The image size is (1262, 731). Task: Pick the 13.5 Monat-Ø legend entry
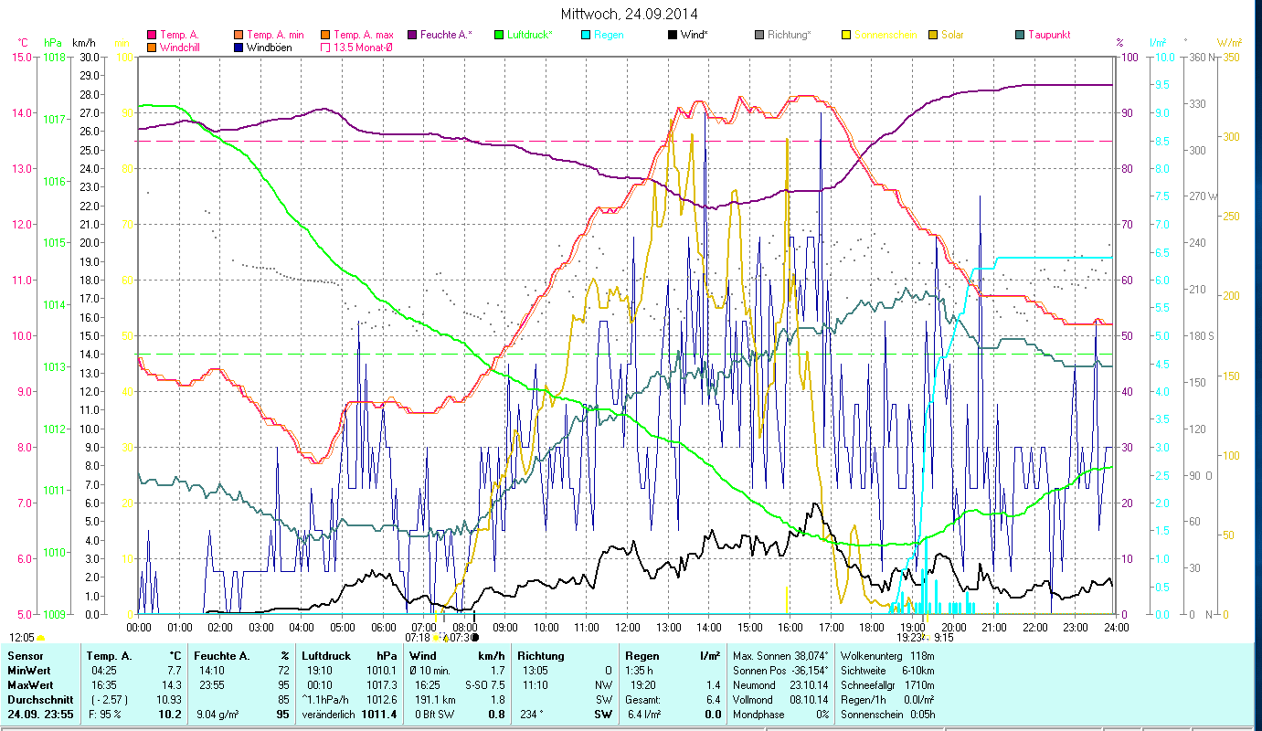tap(366, 47)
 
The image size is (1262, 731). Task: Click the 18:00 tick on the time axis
tap(872, 628)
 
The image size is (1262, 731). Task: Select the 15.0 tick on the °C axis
tap(20, 57)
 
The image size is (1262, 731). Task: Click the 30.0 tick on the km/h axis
tap(89, 57)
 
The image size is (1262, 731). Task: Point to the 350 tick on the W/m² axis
tap(1230, 57)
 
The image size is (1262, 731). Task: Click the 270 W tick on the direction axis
tap(1202, 196)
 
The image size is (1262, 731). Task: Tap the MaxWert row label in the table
tap(29, 683)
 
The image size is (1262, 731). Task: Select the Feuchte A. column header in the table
tap(221, 656)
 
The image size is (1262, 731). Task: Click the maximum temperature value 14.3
tap(174, 683)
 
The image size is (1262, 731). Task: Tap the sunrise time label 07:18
tap(417, 638)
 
